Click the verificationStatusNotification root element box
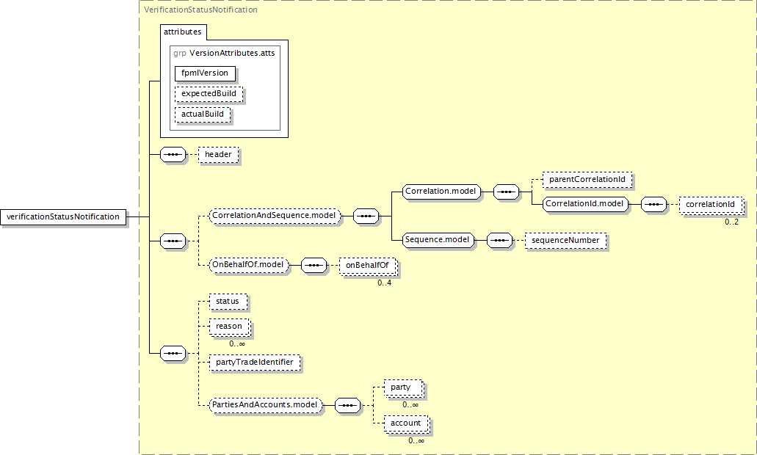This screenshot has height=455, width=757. coord(62,216)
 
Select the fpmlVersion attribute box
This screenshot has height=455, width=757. coord(205,73)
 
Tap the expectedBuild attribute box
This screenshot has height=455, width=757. coord(209,94)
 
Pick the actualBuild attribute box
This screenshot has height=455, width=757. coord(203,114)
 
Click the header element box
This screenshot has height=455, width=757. coord(218,155)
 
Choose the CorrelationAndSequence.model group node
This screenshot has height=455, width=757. coord(274,216)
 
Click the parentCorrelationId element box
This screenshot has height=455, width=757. coord(586,179)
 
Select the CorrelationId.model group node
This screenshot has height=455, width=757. coord(585,204)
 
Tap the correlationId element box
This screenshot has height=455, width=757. coord(710,204)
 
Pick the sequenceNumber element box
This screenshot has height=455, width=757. coord(565,240)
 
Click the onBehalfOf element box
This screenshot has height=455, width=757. coord(366,264)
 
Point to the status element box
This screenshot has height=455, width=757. coord(228,301)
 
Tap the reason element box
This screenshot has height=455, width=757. coord(229,326)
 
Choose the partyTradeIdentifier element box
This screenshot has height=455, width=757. coord(254,362)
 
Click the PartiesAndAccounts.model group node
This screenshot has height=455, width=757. coord(265,404)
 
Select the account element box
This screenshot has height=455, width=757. coord(405,423)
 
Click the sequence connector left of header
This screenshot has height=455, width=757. coord(173,155)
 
